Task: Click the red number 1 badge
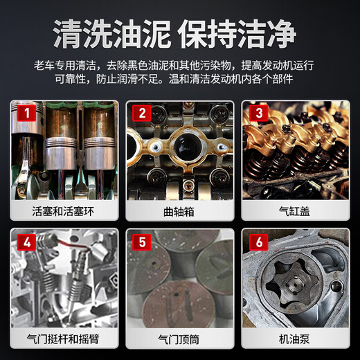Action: pyautogui.click(x=27, y=113)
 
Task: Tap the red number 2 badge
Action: pyautogui.click(x=142, y=113)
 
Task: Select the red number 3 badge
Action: pyautogui.click(x=259, y=113)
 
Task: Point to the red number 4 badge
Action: pyautogui.click(x=27, y=242)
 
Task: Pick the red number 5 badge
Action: pyautogui.click(x=142, y=242)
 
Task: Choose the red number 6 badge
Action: pyautogui.click(x=259, y=242)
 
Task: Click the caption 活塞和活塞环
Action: pyautogui.click(x=63, y=211)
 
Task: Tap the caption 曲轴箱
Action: pyautogui.click(x=179, y=212)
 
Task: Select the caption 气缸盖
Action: pyautogui.click(x=294, y=211)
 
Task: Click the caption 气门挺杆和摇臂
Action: pyautogui.click(x=63, y=339)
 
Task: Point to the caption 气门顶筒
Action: pyautogui.click(x=179, y=339)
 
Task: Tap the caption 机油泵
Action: pyautogui.click(x=294, y=339)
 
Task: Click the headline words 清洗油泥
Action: pyautogui.click(x=111, y=34)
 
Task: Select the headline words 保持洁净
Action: pyautogui.click(x=237, y=34)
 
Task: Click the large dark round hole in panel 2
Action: pyautogui.click(x=188, y=147)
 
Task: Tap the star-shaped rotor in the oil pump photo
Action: pyautogui.click(x=292, y=285)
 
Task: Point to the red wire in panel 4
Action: pyautogui.click(x=73, y=245)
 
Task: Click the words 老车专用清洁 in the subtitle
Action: pyautogui.click(x=65, y=66)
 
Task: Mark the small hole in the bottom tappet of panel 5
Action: pyautogui.click(x=176, y=294)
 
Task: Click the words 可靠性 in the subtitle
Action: pyautogui.click(x=71, y=79)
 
